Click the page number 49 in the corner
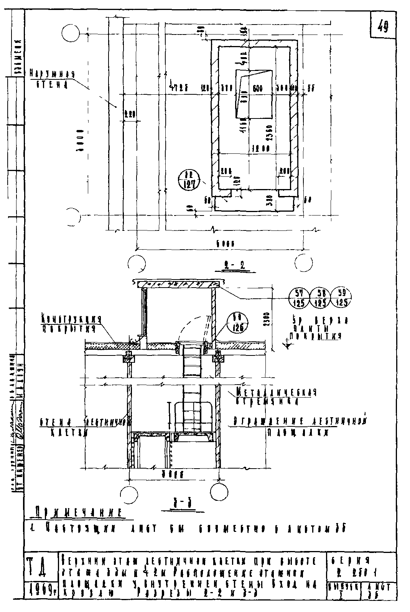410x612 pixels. point(382,26)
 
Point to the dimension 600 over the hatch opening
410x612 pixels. point(257,88)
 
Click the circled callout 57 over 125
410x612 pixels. point(300,298)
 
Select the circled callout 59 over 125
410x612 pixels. point(341,298)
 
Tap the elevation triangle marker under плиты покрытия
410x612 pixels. point(286,345)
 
